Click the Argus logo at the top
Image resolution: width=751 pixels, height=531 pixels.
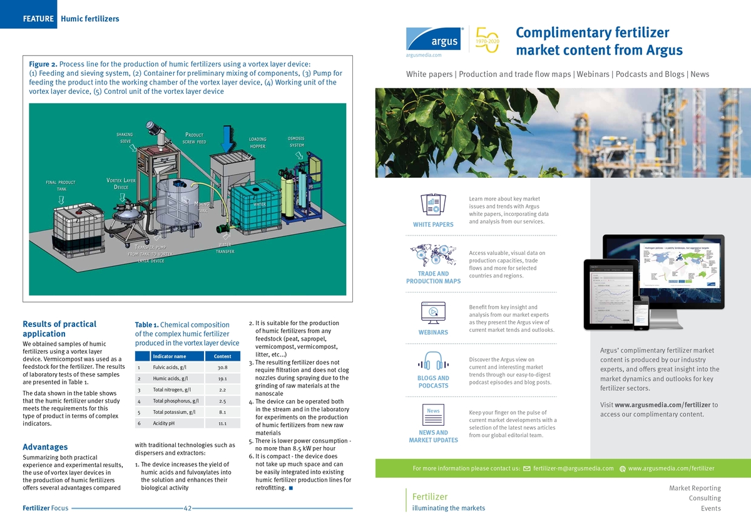434,38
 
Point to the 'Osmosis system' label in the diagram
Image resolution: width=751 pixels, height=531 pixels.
296,142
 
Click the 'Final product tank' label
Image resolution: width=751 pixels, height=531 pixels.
61,185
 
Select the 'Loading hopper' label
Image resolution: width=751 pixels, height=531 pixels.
257,143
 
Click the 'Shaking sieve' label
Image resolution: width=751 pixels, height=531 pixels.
125,138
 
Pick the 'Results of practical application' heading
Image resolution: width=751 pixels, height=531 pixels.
59,329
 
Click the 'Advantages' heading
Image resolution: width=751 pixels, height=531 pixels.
45,447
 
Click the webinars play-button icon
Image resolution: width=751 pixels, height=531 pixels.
433,312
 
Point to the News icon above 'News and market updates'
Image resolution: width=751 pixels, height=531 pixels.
433,414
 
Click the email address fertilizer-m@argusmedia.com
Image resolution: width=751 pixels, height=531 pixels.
573,468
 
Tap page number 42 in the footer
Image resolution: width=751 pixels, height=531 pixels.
187,508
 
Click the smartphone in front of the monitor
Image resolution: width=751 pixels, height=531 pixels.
641,314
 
